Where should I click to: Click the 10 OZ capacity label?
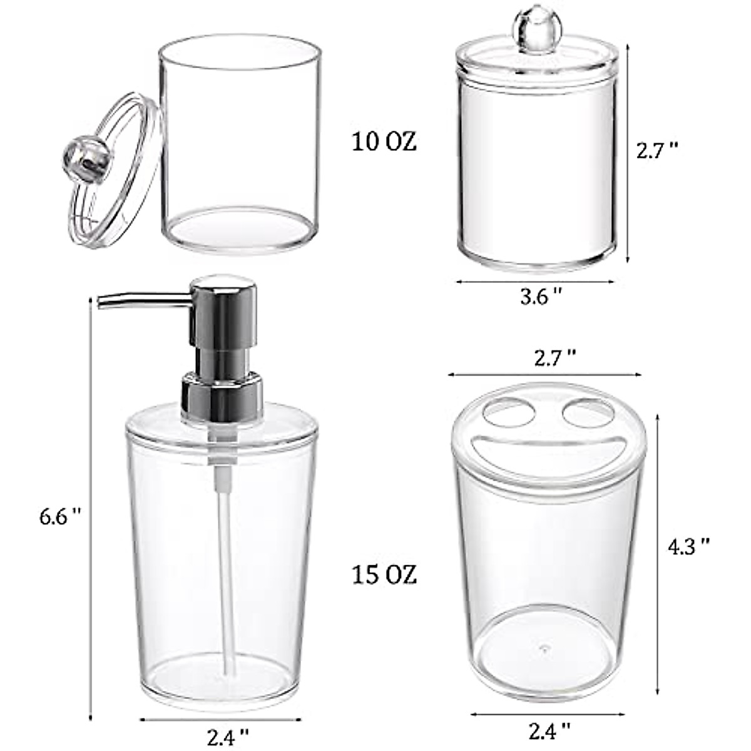[384, 142]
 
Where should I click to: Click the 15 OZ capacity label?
[384, 575]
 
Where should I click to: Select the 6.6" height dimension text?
[60, 516]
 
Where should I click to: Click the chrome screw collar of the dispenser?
[220, 394]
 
